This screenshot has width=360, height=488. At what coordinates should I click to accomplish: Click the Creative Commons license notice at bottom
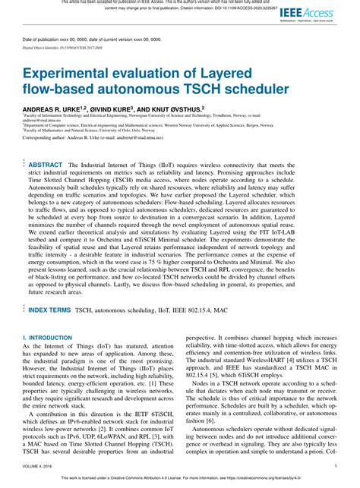coord(180,483)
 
